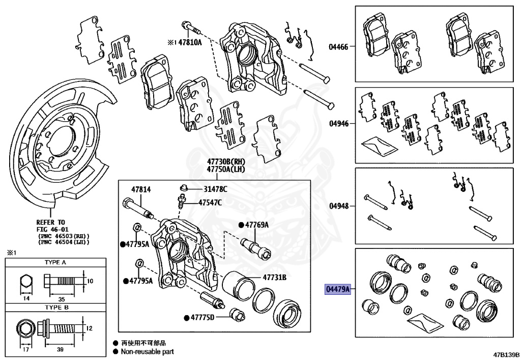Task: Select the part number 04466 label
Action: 338,47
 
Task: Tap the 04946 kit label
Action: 338,124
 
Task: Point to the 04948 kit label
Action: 338,206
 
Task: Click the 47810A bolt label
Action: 189,43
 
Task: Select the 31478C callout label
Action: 216,189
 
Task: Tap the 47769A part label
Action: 256,225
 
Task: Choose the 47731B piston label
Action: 275,278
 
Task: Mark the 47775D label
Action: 202,318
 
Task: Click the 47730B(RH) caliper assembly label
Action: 225,162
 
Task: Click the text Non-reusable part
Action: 147,351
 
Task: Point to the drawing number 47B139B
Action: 505,354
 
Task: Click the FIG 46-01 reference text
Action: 53,229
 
